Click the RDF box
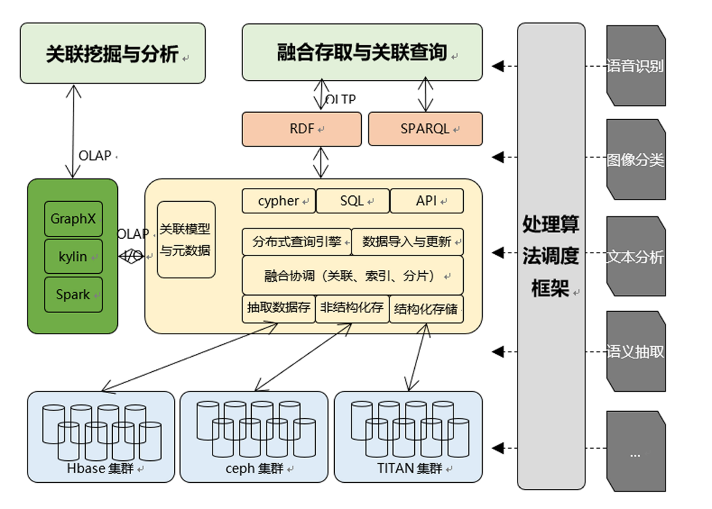(x=302, y=129)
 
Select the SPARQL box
(x=425, y=129)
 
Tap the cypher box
(x=279, y=201)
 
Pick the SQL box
(x=353, y=201)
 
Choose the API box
(x=427, y=201)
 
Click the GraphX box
(x=73, y=218)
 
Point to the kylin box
(x=73, y=256)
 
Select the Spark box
(x=73, y=295)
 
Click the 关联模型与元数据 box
(x=186, y=240)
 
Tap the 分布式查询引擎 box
(x=297, y=242)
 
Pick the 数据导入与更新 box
(x=408, y=242)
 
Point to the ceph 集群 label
(x=254, y=468)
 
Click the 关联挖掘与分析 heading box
(x=113, y=54)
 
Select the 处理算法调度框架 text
(x=551, y=256)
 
